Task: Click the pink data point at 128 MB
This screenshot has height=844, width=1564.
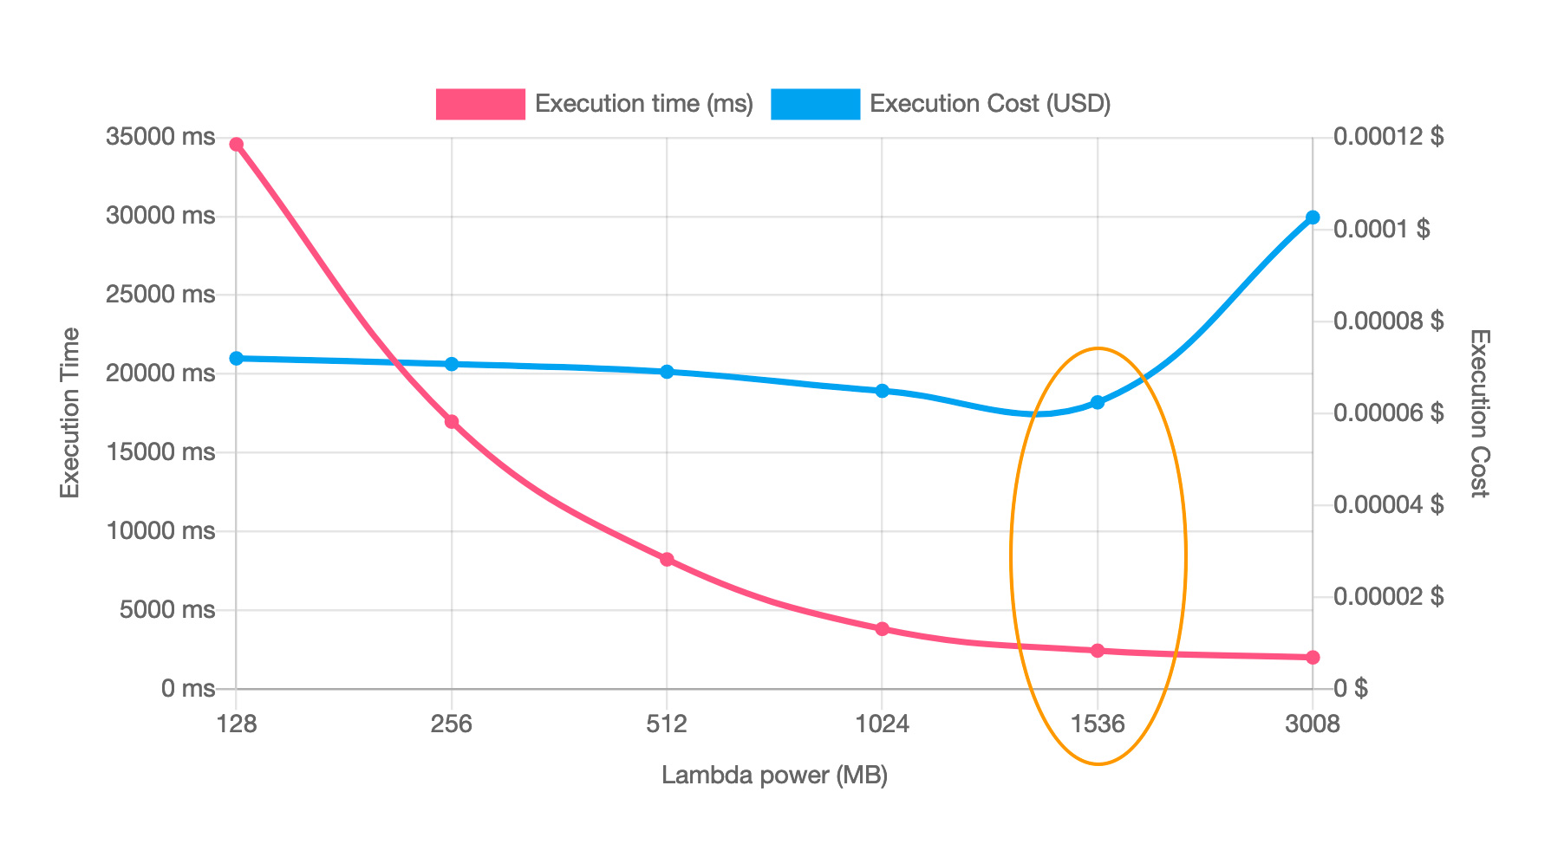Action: [x=236, y=145]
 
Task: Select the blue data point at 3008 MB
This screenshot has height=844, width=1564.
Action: [x=1313, y=217]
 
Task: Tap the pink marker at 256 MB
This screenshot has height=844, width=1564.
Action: [x=452, y=422]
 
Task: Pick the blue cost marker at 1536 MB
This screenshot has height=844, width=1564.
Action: [x=1098, y=402]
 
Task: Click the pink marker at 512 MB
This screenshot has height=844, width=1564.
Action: [x=667, y=560]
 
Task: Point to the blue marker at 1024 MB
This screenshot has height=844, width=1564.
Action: [x=882, y=391]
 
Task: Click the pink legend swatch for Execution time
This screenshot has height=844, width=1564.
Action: [x=480, y=104]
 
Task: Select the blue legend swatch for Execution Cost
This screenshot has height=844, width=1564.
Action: [x=815, y=104]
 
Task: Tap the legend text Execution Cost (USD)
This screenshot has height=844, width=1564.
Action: [x=990, y=104]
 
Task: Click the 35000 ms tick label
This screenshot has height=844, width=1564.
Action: [x=160, y=137]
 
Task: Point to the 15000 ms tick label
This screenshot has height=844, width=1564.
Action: [x=160, y=451]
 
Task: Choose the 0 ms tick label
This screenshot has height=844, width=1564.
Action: [x=187, y=689]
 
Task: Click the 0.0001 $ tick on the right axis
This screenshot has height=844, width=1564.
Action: [x=1382, y=230]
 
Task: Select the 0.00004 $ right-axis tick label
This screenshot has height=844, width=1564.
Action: [x=1388, y=505]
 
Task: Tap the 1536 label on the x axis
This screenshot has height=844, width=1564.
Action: [x=1098, y=724]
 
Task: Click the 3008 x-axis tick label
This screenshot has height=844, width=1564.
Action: [x=1313, y=724]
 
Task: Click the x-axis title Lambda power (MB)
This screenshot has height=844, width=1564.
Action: [x=774, y=776]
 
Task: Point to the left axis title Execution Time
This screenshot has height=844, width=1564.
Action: [x=70, y=412]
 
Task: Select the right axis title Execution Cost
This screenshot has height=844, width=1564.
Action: [x=1479, y=412]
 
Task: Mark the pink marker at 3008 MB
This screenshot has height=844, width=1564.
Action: [x=1313, y=658]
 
